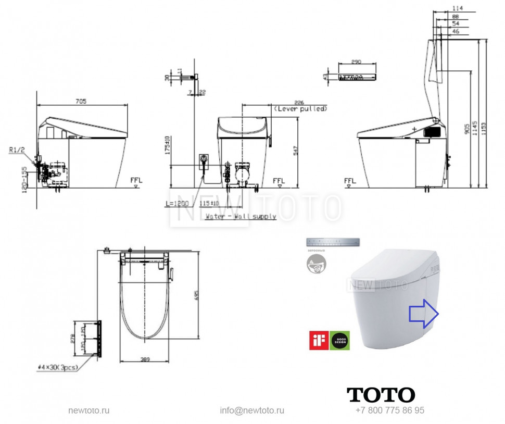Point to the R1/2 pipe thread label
point(17,150)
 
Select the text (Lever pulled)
point(300,109)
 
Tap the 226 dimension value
point(298,102)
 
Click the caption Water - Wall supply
point(241,216)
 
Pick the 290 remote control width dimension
point(356,61)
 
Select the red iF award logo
point(319,340)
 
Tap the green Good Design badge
point(339,340)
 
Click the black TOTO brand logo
point(381,394)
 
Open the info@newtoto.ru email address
point(252,410)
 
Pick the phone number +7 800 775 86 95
point(390,410)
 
